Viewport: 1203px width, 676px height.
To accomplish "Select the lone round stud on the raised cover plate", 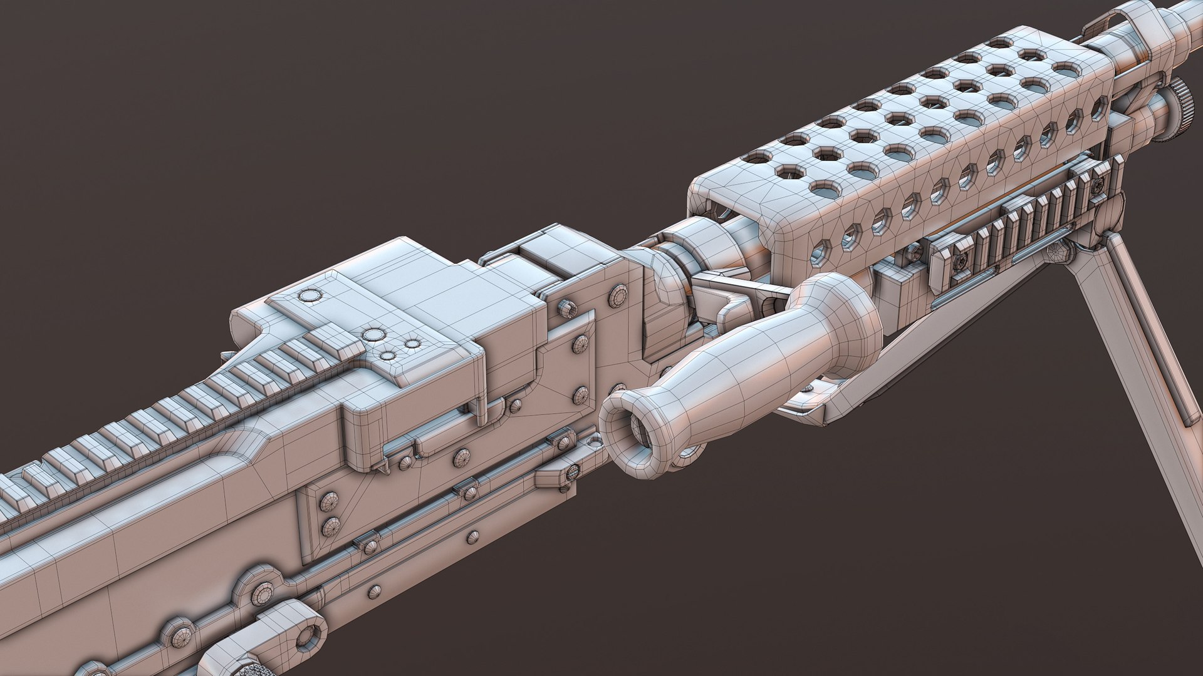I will [x=309, y=295].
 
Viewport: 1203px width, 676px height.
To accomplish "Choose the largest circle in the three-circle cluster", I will [x=375, y=334].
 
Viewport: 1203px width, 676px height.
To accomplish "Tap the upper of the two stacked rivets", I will [x=328, y=501].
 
